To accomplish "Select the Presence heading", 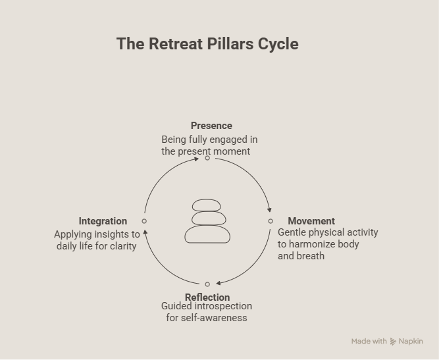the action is (x=211, y=126).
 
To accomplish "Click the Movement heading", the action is (x=311, y=221).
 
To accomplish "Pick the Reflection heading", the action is (x=207, y=297).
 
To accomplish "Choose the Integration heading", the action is (x=103, y=221).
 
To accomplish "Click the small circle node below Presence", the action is (x=207, y=158).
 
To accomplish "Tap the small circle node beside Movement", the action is (x=271, y=221).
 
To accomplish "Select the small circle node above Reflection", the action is (x=207, y=284).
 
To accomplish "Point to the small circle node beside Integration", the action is (x=144, y=221).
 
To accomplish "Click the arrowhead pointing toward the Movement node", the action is (x=269, y=210).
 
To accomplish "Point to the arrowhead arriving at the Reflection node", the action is (x=219, y=283).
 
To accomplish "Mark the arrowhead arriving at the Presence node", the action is (x=196, y=159).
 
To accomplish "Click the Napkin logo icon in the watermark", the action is (x=393, y=342).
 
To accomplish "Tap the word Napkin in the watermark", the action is (x=411, y=342).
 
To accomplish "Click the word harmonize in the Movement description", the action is (x=312, y=244).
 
